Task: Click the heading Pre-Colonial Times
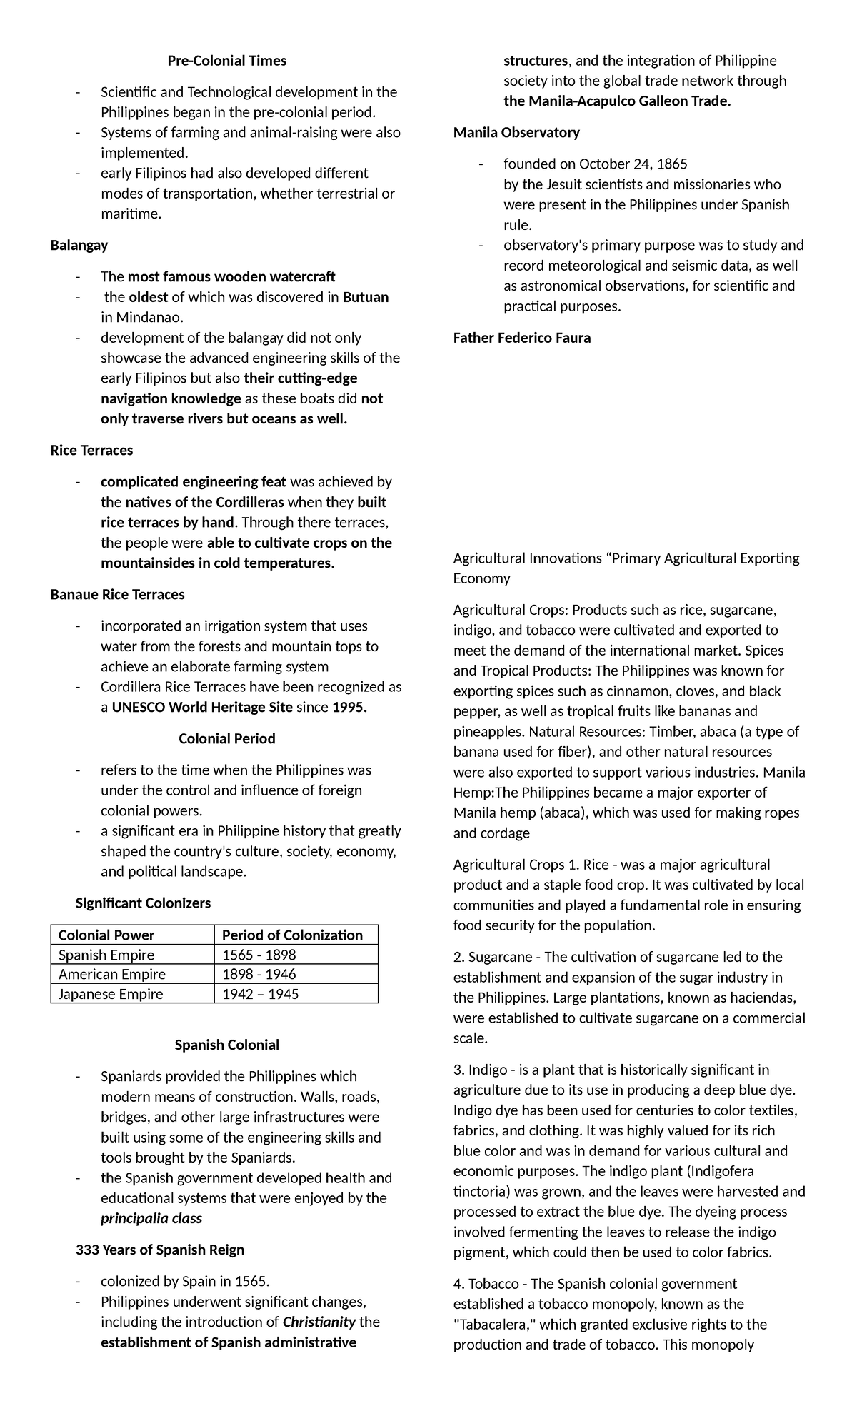[226, 61]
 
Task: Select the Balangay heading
[79, 245]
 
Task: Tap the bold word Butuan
[366, 297]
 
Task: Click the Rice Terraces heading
[91, 450]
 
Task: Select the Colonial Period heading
[226, 738]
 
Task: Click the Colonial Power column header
[106, 935]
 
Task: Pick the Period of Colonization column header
[292, 935]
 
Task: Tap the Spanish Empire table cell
[106, 955]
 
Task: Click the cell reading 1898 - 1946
[259, 974]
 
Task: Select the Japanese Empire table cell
[110, 994]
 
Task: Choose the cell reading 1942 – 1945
[260, 994]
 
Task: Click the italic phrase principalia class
[151, 1218]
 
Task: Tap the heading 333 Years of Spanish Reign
[160, 1250]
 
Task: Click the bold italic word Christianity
[319, 1322]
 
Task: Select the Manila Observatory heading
[516, 132]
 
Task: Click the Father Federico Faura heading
[522, 338]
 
